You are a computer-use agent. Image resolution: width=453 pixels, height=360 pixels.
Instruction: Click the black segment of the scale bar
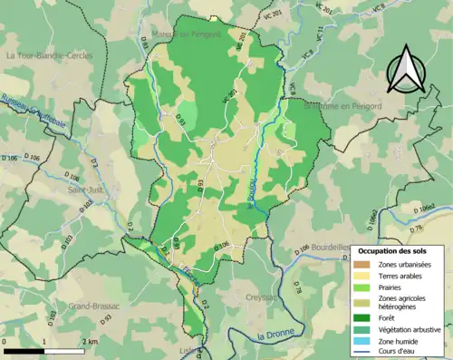point(26,350)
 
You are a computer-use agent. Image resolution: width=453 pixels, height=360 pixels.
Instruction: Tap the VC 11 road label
point(320,34)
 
